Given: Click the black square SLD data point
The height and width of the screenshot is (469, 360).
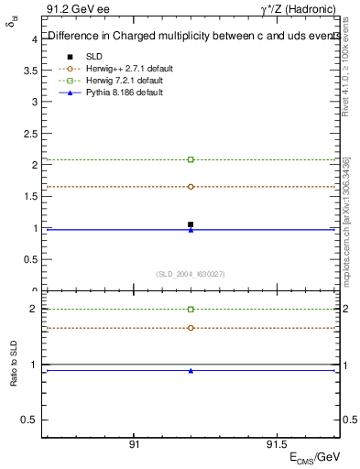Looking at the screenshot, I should [x=191, y=224].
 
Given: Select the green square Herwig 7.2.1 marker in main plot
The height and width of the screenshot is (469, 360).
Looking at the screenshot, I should [x=191, y=159].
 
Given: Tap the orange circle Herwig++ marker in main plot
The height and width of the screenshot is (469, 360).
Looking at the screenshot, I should [x=191, y=187].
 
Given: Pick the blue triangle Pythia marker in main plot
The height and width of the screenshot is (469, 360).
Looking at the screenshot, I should [x=191, y=230].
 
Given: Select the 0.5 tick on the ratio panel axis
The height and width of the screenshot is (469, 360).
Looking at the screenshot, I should [x=29, y=420].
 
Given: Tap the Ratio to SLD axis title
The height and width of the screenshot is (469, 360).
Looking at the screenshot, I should [x=14, y=377].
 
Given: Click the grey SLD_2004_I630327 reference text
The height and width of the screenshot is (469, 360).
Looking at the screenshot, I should [x=191, y=273].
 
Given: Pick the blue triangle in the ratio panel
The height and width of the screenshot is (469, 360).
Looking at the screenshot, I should [x=191, y=371].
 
